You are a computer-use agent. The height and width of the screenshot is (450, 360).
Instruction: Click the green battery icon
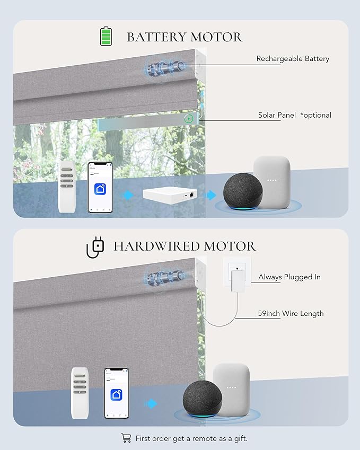coord(106,36)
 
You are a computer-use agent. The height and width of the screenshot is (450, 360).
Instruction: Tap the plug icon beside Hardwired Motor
coord(95,248)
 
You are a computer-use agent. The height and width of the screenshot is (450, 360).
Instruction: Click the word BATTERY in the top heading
coord(157,37)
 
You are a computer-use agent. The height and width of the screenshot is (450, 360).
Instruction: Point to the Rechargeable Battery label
coord(293,59)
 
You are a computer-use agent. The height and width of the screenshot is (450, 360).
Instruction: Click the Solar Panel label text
coord(277,115)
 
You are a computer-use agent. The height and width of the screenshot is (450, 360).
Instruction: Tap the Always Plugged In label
coord(289,277)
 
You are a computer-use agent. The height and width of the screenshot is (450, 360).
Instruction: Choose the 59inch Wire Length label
coord(291,313)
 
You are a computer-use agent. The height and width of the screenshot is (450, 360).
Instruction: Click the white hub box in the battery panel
coord(170,195)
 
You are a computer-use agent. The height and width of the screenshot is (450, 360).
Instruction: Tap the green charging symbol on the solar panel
coord(189,118)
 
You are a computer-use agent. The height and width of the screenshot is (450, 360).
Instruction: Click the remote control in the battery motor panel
coord(67,187)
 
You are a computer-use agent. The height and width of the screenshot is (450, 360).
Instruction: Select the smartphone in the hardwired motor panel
coord(116,393)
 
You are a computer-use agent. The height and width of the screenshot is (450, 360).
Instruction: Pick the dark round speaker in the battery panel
coord(243,191)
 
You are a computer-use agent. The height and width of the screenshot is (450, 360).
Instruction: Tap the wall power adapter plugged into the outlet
coord(237,280)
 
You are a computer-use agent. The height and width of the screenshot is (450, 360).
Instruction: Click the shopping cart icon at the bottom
coord(126,438)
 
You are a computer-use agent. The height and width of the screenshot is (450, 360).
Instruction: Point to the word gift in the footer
coord(241,438)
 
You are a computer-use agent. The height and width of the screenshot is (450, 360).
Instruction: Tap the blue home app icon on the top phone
coord(100,189)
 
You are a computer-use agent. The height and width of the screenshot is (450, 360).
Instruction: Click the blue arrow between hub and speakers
coord(210,195)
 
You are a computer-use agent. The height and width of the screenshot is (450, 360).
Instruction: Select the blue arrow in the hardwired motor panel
coord(151,403)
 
